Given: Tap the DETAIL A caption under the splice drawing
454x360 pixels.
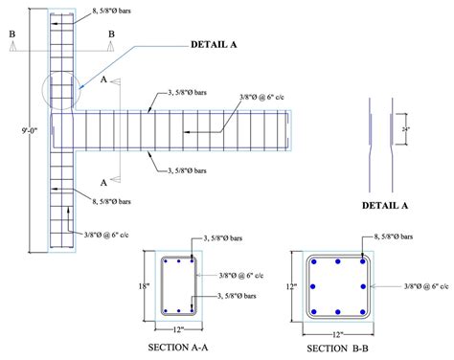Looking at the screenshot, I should [385, 204].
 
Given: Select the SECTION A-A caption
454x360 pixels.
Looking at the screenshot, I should [180, 346].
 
